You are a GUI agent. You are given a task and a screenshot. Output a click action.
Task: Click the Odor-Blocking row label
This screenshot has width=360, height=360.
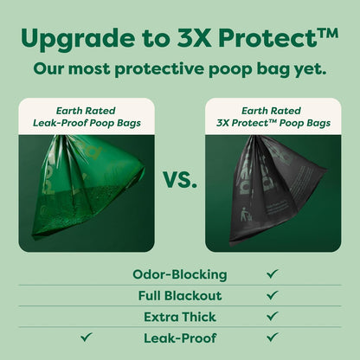pos(180,274)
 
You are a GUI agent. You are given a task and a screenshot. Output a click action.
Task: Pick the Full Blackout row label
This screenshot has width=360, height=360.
pos(180,296)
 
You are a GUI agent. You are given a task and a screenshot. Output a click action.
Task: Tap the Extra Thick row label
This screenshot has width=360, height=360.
pos(180,317)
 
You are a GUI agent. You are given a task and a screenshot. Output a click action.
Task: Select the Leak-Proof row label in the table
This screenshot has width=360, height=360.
pos(180,337)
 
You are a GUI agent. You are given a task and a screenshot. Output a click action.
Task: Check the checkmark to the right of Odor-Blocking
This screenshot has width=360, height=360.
pos(273,273)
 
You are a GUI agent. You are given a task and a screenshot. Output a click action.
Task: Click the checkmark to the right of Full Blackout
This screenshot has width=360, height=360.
pos(273,295)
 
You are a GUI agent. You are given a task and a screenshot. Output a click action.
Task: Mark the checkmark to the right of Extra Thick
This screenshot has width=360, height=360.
pos(273,317)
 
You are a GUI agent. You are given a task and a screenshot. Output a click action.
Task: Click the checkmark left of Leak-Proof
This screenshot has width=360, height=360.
pos(87,337)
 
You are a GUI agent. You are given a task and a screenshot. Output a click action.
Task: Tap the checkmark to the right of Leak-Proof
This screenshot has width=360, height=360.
pos(273,337)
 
